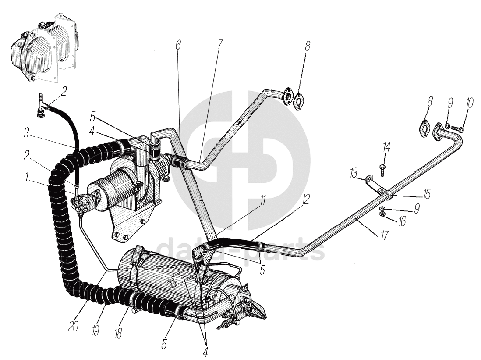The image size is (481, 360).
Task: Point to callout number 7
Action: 219,44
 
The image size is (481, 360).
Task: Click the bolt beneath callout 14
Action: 382,171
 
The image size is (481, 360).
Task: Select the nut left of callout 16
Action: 382,214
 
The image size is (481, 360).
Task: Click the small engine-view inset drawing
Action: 44,55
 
